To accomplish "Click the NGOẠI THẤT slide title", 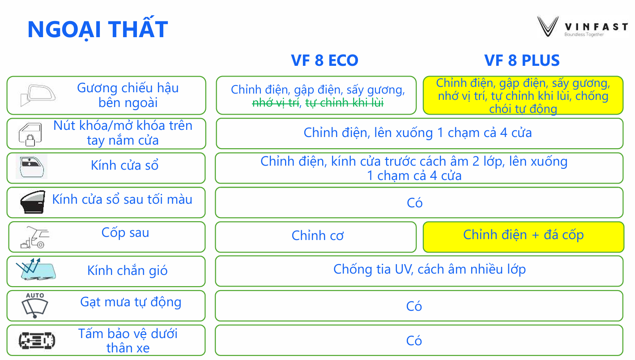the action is click(x=98, y=29).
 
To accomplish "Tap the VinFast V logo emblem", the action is click(x=548, y=27).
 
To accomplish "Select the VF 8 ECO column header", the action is click(x=324, y=60).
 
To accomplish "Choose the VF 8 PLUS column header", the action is click(x=522, y=60).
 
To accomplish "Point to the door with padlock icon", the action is click(x=30, y=134).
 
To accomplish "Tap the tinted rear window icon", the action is click(x=33, y=201).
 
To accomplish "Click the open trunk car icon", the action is click(x=35, y=237).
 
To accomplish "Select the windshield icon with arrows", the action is click(x=36, y=269).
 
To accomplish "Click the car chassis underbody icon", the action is click(x=37, y=340).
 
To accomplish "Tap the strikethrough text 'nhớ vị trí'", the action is click(x=276, y=103).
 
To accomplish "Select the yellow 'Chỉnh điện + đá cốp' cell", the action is click(x=523, y=237).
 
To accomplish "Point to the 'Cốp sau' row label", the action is click(x=125, y=233).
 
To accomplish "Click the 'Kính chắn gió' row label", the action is click(x=127, y=270).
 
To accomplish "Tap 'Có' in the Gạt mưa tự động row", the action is click(x=414, y=306).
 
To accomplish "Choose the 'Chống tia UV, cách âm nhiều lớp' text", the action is click(x=430, y=270).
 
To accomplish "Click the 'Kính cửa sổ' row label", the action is click(x=124, y=165).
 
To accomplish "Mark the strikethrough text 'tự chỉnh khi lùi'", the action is click(x=345, y=103).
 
